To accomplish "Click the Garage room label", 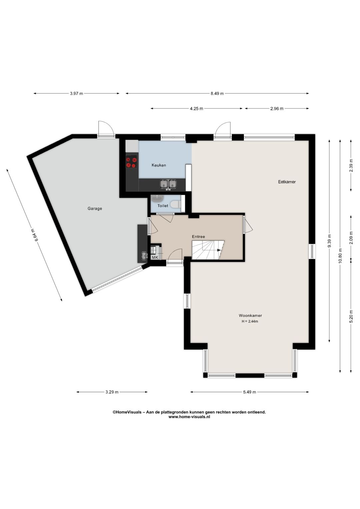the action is (x=95, y=208).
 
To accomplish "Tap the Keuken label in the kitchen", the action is (x=159, y=165).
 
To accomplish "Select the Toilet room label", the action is (x=163, y=206).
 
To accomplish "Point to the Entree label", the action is (x=199, y=236).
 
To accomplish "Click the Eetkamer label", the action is (x=287, y=182).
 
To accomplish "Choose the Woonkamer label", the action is (x=250, y=316).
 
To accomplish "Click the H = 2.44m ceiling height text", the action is (x=250, y=321).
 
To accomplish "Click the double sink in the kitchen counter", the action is (x=169, y=184).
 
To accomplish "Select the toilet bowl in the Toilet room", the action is (x=176, y=203).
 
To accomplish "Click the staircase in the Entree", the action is (x=208, y=250).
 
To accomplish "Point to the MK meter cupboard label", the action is (x=155, y=257).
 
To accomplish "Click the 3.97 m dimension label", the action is (x=77, y=93).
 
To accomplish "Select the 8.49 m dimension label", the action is (x=217, y=93).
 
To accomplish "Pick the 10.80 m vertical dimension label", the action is (x=340, y=256).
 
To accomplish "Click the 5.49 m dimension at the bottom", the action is (x=249, y=392).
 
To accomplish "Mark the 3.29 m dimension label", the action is (x=112, y=392).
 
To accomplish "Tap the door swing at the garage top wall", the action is (x=106, y=129).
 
